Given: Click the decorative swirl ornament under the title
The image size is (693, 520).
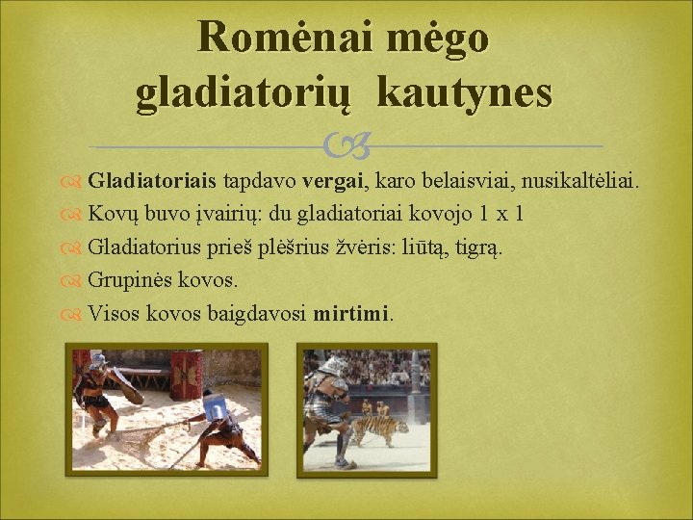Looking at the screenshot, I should pos(346,145).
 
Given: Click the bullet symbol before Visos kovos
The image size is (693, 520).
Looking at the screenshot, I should pos(74,314).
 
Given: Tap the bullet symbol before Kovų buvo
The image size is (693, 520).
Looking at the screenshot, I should pos(74,213).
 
